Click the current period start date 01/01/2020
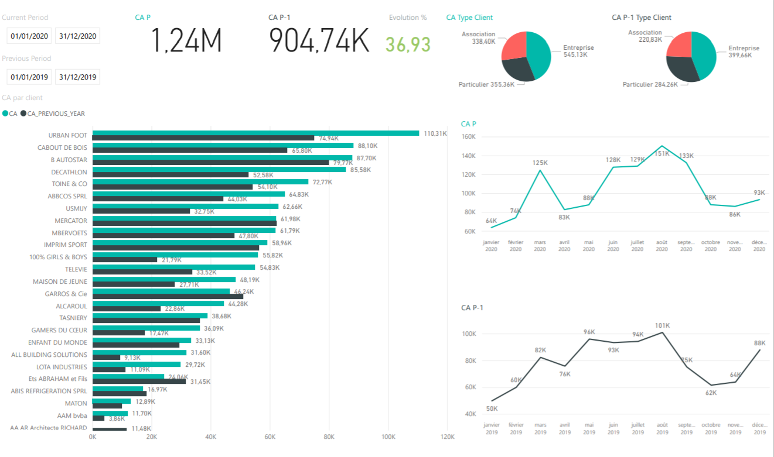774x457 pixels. click(x=29, y=36)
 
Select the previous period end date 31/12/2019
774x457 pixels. click(x=77, y=77)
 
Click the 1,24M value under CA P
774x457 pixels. click(x=187, y=40)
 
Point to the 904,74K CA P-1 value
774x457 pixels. click(x=319, y=40)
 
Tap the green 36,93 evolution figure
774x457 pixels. click(x=408, y=44)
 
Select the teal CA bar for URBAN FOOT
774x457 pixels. click(x=255, y=133)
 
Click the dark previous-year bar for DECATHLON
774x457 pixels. click(x=171, y=175)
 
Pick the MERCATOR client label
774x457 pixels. click(x=71, y=221)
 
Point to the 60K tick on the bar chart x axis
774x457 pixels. click(x=270, y=437)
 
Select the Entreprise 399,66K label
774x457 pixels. click(x=744, y=51)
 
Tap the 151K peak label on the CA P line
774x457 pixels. click(x=662, y=153)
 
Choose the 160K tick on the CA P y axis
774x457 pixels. click(x=469, y=137)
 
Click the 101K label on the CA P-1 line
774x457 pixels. click(x=662, y=325)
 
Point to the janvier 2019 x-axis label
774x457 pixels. click(x=492, y=428)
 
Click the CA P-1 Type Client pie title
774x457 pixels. click(x=642, y=18)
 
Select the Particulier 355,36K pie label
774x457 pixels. click(x=486, y=84)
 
